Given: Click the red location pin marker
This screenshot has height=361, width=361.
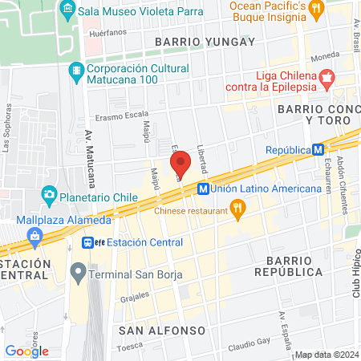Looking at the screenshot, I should tap(180, 164).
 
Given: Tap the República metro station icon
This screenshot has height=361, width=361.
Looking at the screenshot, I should tap(318, 150).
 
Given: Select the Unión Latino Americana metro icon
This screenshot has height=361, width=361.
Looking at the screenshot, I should tap(203, 189).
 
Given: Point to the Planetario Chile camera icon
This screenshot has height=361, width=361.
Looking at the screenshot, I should tap(50, 193).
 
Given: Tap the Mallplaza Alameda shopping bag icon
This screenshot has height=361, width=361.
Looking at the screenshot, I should tap(34, 235).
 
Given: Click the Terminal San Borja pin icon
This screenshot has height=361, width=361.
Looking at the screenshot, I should tap(78, 272).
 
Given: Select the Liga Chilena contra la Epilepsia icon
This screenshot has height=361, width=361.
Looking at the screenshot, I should tap(327, 79).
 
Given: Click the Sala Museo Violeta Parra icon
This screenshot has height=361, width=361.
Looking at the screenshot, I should tap(67, 10).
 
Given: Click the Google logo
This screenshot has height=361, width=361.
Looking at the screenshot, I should tap(26, 351).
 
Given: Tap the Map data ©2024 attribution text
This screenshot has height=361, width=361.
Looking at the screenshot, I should tap(326, 355).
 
